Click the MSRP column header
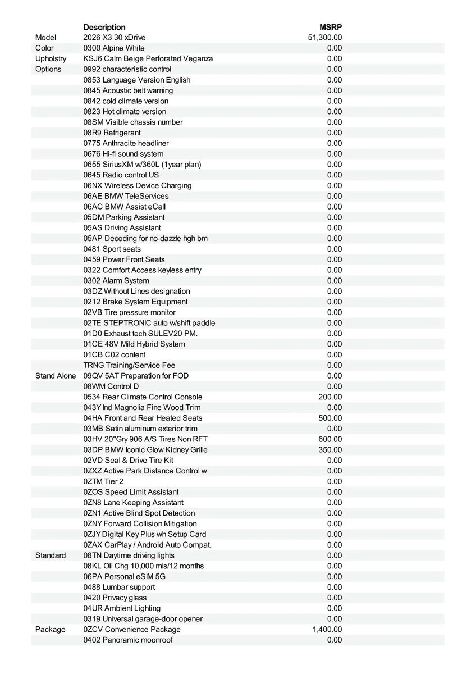tap(331, 27)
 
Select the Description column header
tap(104, 27)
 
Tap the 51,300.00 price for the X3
tap(325, 38)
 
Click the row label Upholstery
tap(51, 58)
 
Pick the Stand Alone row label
tap(56, 376)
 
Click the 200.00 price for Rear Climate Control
tap(330, 397)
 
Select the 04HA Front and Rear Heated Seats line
tap(143, 418)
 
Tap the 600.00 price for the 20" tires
tap(330, 439)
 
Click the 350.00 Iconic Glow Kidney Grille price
tap(330, 450)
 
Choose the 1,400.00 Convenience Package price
tap(327, 630)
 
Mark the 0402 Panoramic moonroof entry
tap(128, 640)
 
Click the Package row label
tap(51, 630)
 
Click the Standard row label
tap(51, 555)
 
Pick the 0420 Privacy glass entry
tap(115, 598)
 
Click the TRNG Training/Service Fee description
tap(130, 365)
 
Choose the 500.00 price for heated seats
tap(330, 418)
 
